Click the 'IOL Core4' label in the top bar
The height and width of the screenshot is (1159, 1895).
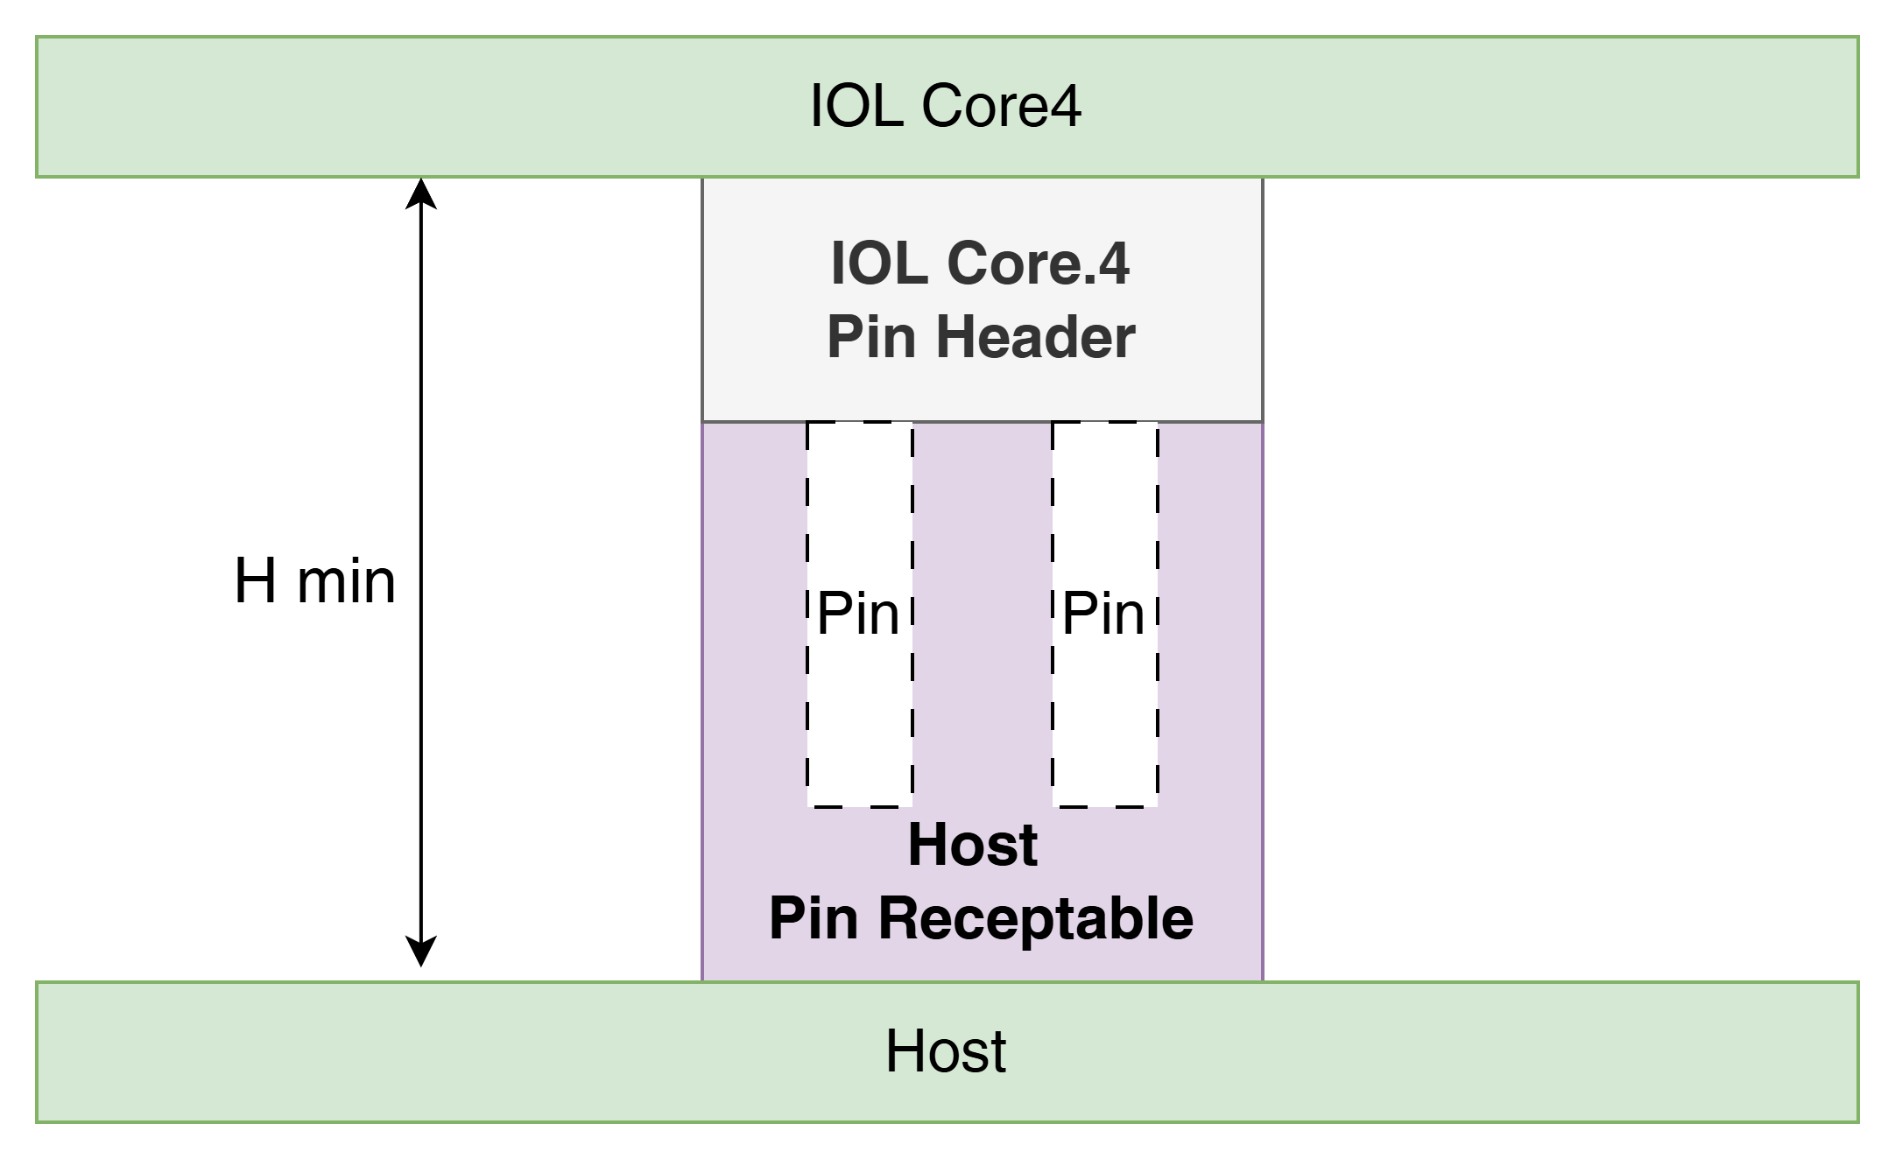[x=946, y=106]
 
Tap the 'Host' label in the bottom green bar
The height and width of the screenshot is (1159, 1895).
[x=946, y=1050]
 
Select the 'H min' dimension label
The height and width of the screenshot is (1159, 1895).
[x=315, y=581]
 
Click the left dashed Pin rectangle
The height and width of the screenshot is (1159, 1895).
[x=807, y=615]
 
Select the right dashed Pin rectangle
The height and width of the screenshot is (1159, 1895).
[x=1053, y=615]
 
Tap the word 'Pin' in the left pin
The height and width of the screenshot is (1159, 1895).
[x=858, y=614]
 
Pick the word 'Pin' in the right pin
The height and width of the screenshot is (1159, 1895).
[x=1103, y=614]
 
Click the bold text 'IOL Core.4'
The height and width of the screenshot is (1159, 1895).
[x=981, y=263]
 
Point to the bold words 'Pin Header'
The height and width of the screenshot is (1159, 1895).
[x=981, y=337]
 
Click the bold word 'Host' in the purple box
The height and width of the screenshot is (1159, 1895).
[x=973, y=845]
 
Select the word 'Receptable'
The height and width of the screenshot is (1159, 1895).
[x=1036, y=919]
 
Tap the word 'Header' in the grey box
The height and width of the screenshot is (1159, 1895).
[x=1036, y=337]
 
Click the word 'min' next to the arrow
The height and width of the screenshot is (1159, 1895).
[x=347, y=583]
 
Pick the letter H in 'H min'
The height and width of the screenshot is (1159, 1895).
[x=256, y=581]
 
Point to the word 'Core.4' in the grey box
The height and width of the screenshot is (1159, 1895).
[x=1039, y=263]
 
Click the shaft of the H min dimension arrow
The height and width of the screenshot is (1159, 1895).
[x=421, y=572]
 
